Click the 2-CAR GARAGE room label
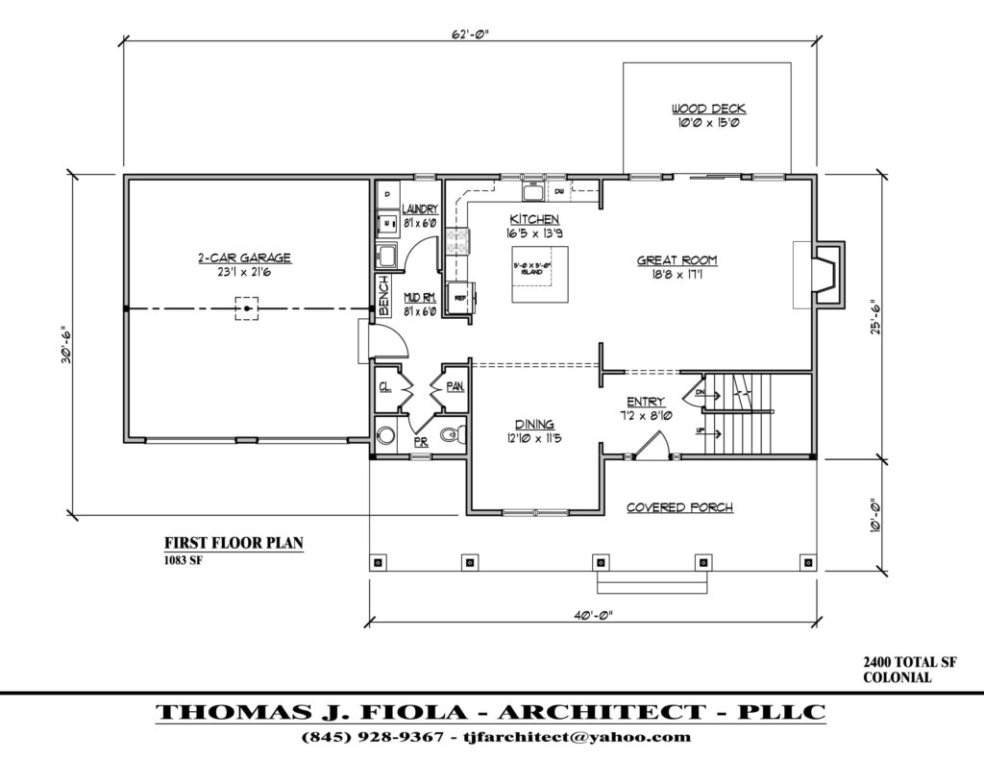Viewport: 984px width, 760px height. pos(244,257)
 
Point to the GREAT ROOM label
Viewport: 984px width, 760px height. pos(677,260)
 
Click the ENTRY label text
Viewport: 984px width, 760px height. pos(645,402)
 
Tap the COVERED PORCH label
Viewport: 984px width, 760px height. pos(679,507)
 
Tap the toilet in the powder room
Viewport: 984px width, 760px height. pos(451,436)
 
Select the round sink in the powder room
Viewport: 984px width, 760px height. pos(386,435)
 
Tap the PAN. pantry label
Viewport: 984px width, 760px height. pos(455,386)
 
